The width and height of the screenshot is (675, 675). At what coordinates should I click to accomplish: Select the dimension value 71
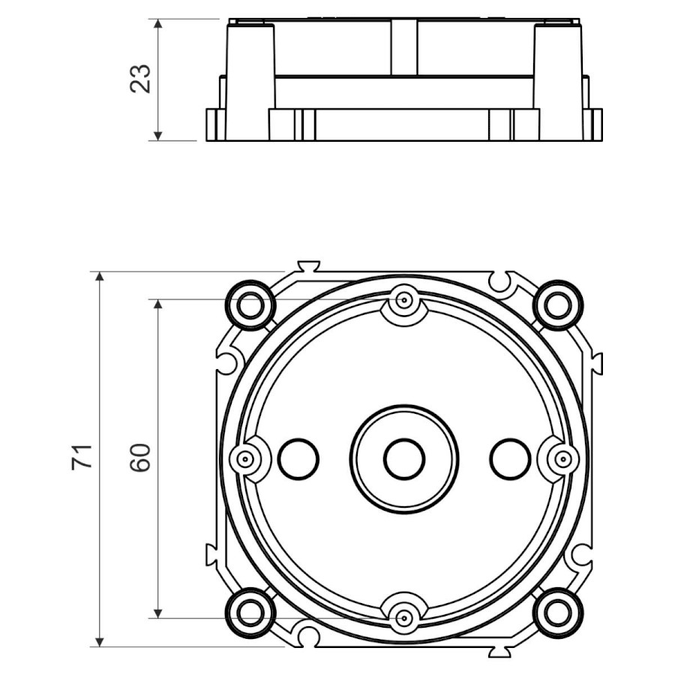pyautogui.click(x=82, y=457)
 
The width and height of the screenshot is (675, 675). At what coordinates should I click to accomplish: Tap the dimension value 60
pyautogui.click(x=141, y=457)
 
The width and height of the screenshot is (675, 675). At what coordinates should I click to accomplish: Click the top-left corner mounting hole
pyautogui.click(x=250, y=306)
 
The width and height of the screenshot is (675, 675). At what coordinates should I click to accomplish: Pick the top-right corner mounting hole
pyautogui.click(x=558, y=306)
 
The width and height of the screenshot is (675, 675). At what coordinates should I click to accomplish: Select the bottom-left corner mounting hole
pyautogui.click(x=250, y=613)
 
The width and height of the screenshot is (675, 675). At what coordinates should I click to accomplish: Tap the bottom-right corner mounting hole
pyautogui.click(x=558, y=613)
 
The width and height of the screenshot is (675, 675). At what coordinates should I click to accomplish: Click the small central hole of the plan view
pyautogui.click(x=405, y=459)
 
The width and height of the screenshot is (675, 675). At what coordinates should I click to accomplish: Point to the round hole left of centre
pyautogui.click(x=298, y=459)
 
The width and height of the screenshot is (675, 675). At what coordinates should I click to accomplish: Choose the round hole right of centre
pyautogui.click(x=511, y=459)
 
